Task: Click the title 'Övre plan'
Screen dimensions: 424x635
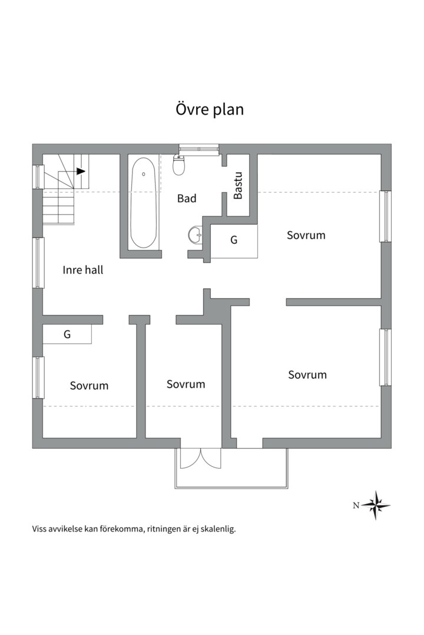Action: click(x=210, y=110)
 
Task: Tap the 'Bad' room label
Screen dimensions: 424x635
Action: click(x=187, y=199)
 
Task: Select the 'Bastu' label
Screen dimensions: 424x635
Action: click(x=238, y=186)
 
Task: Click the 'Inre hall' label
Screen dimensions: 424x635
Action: click(x=83, y=270)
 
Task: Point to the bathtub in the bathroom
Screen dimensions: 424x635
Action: click(x=143, y=202)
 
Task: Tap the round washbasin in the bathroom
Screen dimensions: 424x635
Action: click(x=196, y=235)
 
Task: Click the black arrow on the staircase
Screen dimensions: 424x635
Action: click(x=81, y=171)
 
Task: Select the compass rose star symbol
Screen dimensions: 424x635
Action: click(x=376, y=505)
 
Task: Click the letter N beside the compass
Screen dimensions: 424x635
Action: click(x=356, y=505)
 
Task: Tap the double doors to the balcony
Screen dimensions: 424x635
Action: click(x=200, y=458)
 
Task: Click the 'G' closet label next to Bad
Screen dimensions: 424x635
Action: click(x=234, y=240)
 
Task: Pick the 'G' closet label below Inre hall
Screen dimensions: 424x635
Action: click(x=67, y=335)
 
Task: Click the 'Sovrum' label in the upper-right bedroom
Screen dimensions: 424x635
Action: click(x=306, y=235)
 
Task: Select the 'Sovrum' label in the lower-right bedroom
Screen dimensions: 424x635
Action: click(x=307, y=375)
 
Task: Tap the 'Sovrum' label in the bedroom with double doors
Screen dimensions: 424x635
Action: click(x=186, y=384)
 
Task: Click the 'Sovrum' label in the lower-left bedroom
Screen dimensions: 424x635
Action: click(x=89, y=386)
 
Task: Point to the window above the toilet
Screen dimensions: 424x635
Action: click(x=199, y=149)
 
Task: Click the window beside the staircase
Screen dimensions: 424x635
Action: click(x=38, y=176)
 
